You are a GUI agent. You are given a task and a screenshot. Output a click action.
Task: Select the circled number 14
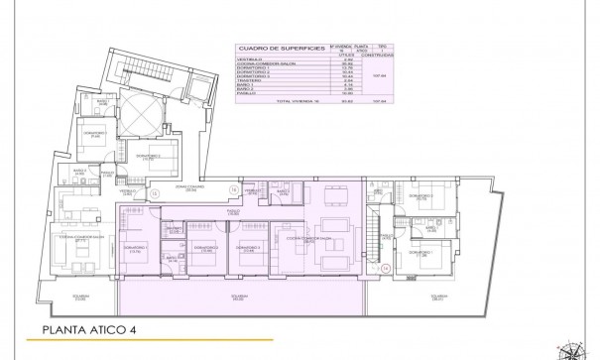385,268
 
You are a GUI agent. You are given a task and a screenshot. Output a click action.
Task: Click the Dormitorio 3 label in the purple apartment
243,247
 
